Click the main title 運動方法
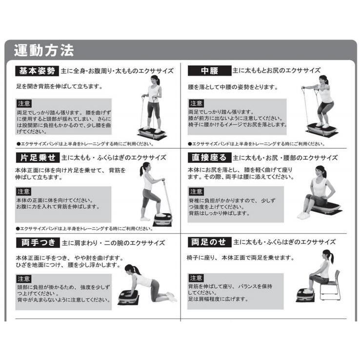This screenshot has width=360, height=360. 44,51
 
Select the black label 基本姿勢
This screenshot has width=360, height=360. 37,71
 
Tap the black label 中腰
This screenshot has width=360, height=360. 209,71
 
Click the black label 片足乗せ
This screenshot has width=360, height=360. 38,158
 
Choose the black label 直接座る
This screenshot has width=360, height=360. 209,158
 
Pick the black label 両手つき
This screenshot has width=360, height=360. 38,242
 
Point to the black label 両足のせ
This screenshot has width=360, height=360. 209,242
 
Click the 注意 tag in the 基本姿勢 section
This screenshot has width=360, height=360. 24,103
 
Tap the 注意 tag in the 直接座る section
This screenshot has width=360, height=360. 196,192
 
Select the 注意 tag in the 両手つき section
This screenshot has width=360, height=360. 24,279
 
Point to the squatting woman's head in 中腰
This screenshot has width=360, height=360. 324,80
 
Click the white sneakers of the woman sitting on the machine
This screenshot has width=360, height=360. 303,215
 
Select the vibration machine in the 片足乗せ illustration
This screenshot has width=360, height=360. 162,219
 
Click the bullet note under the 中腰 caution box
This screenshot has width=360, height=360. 257,144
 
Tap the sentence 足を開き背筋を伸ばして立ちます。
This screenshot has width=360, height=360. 59,86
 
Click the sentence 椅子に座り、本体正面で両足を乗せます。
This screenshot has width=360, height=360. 240,258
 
